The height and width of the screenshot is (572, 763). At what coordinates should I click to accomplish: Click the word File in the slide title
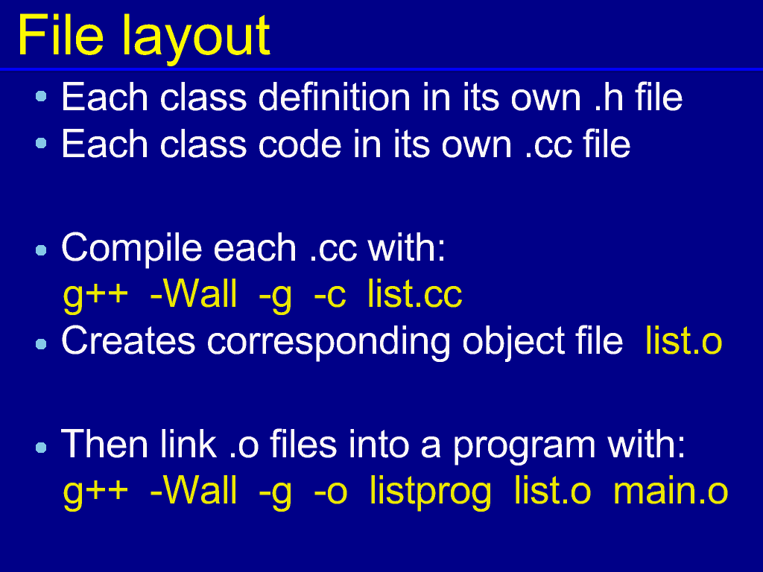[60, 35]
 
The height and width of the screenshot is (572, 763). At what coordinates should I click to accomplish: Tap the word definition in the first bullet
[335, 98]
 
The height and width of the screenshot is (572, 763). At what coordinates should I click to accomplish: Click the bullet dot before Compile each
[41, 250]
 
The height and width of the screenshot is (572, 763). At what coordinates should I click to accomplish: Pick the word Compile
[131, 249]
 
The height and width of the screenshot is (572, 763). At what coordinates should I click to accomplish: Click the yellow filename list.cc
[414, 293]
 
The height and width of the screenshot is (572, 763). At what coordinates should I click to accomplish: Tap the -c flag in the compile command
[329, 294]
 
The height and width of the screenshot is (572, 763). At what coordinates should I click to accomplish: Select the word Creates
[128, 340]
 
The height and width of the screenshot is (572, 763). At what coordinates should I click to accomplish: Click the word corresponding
[329, 343]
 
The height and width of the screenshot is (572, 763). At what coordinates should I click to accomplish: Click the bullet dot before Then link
[41, 448]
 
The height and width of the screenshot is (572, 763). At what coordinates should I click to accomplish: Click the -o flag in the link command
[330, 492]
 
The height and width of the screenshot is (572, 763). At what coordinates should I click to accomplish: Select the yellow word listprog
[430, 492]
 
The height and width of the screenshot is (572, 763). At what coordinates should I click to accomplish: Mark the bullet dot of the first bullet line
[41, 96]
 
